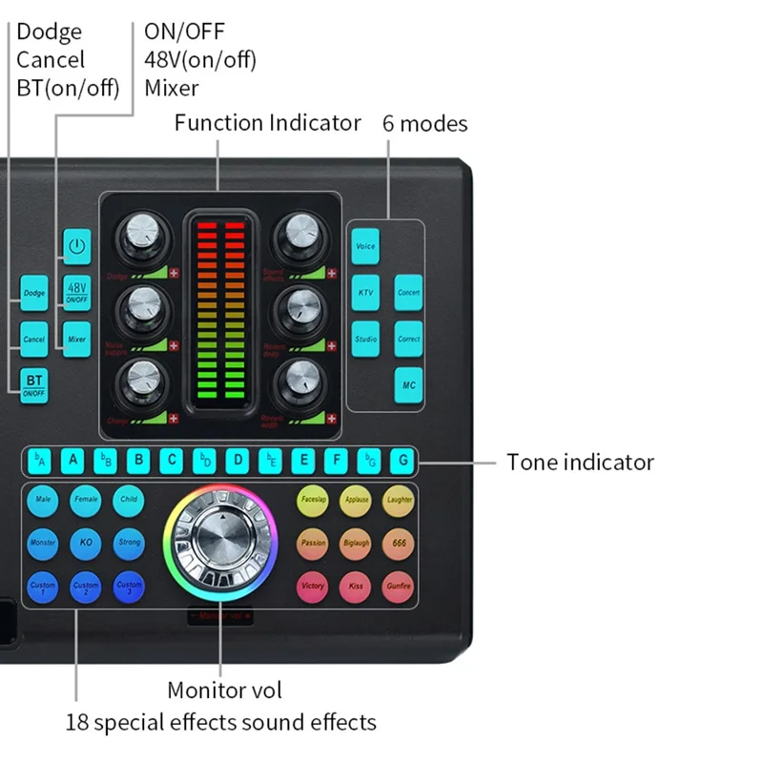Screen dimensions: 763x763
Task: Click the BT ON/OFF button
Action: click(34, 385)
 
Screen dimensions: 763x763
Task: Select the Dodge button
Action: click(34, 293)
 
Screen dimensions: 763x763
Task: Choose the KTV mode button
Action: click(365, 292)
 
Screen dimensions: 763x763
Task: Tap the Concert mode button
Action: click(408, 292)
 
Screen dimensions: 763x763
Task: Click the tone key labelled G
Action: click(403, 461)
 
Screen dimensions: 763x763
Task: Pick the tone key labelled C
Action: click(172, 461)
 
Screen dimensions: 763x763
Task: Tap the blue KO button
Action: click(86, 542)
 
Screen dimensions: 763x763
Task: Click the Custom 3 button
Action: click(129, 586)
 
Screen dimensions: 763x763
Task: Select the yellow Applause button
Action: click(356, 499)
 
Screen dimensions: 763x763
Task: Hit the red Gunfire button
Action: click(399, 586)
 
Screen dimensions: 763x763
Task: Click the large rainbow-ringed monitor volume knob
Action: click(220, 542)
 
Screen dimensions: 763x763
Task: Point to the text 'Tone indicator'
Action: click(580, 462)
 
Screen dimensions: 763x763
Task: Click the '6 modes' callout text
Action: click(424, 124)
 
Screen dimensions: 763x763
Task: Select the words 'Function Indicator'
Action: click(268, 123)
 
